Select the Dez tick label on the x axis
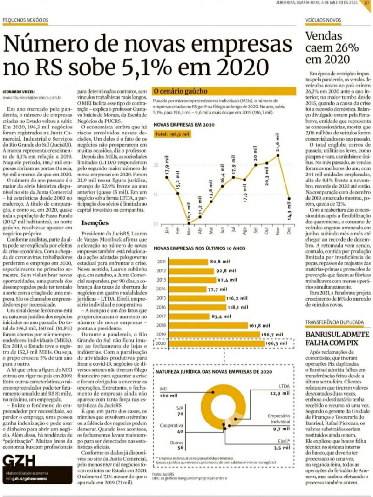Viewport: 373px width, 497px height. (290, 230)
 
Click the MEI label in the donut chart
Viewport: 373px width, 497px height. (163, 388)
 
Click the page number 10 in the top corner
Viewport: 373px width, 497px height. (366, 2)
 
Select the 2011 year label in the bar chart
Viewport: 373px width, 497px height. (162, 262)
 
